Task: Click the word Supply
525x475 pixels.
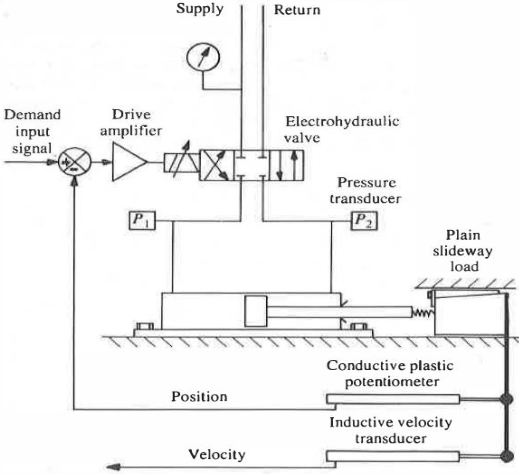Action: coord(199,9)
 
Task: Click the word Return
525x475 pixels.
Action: coord(297,10)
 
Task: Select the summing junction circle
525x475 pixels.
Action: coord(74,162)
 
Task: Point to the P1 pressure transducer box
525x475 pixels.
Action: coord(142,221)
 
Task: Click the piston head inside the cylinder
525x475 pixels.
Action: coord(256,311)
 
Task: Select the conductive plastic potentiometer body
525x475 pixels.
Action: coord(393,399)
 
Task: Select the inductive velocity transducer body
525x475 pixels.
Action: coord(393,457)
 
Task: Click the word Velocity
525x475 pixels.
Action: coord(217,455)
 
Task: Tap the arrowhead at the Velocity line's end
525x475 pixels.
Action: coord(113,467)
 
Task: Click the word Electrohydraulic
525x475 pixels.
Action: coord(342,122)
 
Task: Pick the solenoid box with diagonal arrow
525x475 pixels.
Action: coord(181,163)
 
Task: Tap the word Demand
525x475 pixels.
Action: coord(32,115)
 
